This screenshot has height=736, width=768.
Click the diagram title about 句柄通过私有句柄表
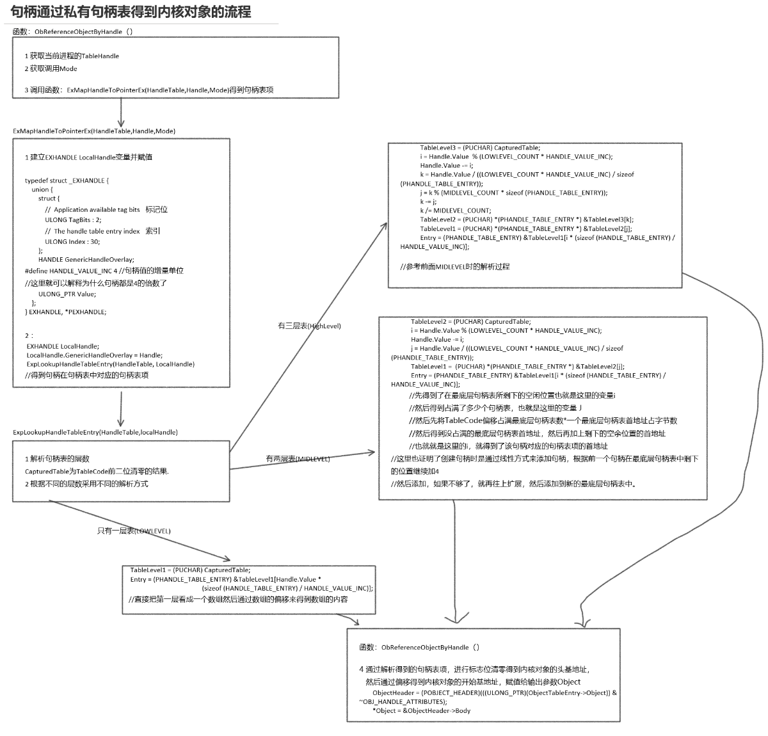[131, 12]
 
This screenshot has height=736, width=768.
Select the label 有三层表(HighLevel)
[309, 326]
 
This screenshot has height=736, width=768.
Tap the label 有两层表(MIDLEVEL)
[298, 459]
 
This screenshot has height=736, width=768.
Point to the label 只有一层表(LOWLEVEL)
[134, 531]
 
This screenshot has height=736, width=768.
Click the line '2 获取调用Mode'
[51, 68]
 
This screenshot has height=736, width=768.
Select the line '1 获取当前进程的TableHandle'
[72, 56]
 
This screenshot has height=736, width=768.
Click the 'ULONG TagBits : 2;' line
[73, 220]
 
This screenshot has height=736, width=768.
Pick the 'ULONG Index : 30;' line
[72, 241]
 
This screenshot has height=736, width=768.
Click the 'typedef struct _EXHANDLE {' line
[67, 180]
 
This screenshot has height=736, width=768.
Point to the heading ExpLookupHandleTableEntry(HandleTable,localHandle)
[95, 432]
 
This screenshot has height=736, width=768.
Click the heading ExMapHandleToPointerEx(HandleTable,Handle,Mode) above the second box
[94, 131]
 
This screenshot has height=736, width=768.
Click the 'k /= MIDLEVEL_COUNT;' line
[455, 211]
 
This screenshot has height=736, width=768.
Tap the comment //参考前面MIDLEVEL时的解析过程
[455, 266]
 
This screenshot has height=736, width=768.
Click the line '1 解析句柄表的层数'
[57, 459]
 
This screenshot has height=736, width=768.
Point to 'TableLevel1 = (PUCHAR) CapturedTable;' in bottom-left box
[190, 570]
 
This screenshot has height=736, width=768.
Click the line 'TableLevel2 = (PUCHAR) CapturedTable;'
[470, 322]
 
